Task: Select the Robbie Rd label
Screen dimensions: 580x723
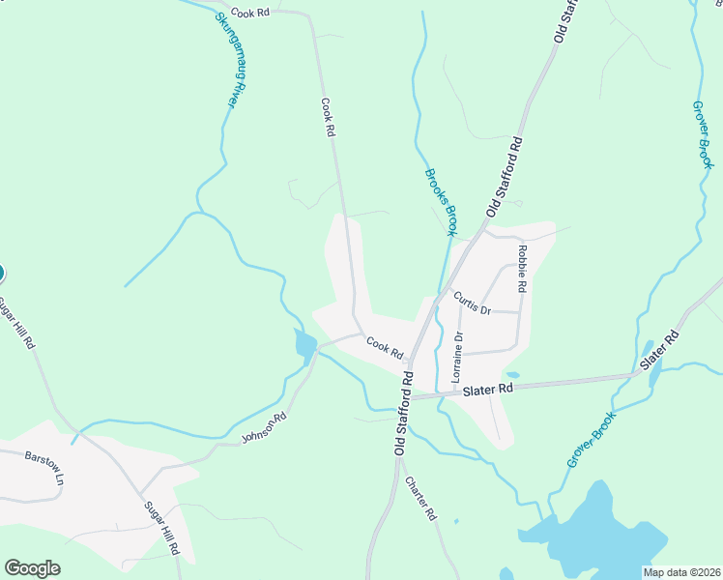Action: click(x=523, y=268)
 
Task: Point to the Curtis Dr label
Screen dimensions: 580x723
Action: click(x=473, y=304)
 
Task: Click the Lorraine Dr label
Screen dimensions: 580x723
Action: click(x=459, y=358)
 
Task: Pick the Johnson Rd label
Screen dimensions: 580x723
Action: click(x=265, y=429)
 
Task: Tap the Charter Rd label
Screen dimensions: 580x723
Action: click(x=422, y=499)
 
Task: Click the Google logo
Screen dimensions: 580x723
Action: click(x=32, y=568)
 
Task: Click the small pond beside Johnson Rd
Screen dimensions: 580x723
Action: click(x=305, y=345)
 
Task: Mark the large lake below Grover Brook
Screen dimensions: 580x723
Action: click(x=599, y=536)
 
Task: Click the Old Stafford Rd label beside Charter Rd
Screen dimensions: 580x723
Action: click(x=401, y=413)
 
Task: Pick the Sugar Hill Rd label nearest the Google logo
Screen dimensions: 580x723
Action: click(x=162, y=527)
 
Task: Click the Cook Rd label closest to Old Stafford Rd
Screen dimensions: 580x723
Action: click(x=384, y=348)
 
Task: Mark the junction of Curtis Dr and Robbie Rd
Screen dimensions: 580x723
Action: click(x=522, y=313)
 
